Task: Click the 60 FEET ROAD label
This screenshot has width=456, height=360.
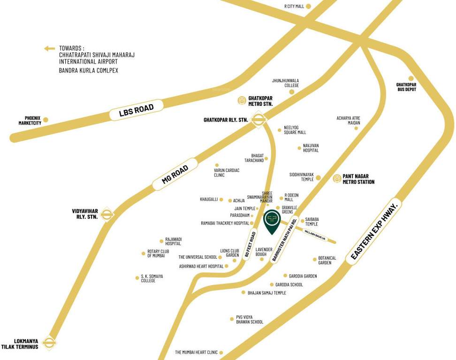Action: tap(250, 245)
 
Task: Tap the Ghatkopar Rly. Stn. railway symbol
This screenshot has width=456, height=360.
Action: tap(258, 120)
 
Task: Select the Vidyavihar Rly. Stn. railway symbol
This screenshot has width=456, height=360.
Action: tap(107, 214)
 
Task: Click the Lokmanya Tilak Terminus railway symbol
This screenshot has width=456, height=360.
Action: tap(49, 343)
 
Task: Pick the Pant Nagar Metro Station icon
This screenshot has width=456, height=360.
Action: tap(337, 179)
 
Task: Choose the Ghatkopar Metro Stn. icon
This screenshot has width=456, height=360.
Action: tap(242, 100)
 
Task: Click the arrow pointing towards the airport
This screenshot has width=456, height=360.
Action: tap(49, 48)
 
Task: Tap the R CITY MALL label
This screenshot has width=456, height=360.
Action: tap(294, 7)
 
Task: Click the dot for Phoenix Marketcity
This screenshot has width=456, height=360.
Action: tap(46, 120)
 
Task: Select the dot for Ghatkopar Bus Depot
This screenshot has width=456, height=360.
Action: tap(411, 78)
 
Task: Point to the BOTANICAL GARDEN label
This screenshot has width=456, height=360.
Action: tap(327, 260)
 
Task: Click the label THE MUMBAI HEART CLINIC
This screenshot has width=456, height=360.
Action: tap(197, 352)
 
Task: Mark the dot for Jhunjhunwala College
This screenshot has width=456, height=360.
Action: tap(291, 92)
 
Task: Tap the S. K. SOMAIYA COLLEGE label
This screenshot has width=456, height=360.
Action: tap(152, 278)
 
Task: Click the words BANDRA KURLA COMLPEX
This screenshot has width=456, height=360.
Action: tap(89, 70)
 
